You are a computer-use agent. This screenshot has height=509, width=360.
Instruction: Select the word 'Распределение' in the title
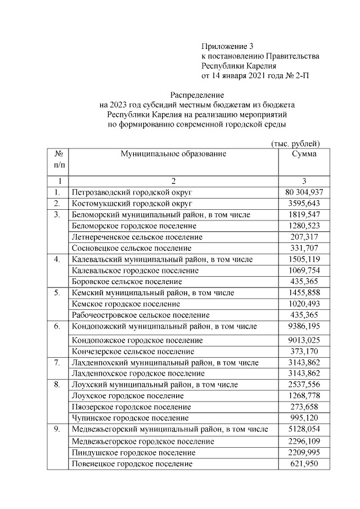click(x=197, y=95)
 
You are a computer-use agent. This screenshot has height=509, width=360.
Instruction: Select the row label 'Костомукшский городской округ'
click(x=133, y=203)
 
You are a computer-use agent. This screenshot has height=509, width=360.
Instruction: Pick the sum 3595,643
click(x=304, y=203)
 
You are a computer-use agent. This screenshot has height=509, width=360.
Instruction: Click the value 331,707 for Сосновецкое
click(x=304, y=248)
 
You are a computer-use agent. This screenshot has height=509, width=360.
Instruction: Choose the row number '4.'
click(x=57, y=259)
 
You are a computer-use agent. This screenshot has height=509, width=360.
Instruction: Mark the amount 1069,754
click(x=304, y=271)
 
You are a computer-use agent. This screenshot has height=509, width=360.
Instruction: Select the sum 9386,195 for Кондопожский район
click(x=304, y=326)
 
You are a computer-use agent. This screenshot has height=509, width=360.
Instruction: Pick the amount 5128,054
click(x=304, y=430)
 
